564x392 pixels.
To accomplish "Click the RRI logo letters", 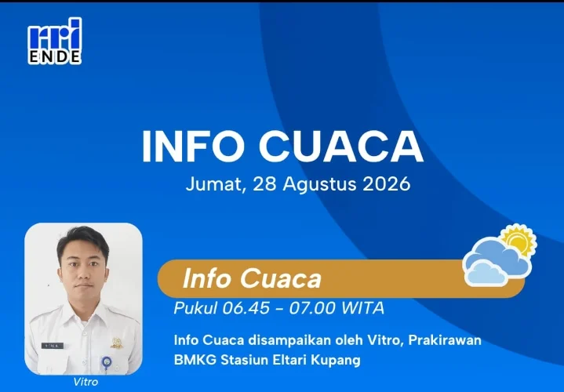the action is coord(55,34).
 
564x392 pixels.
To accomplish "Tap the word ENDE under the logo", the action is coord(55,57).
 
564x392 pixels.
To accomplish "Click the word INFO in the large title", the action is coord(193,147).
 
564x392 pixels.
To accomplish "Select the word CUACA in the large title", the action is coord(340,147).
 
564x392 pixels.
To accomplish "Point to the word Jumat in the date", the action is coord(216,184).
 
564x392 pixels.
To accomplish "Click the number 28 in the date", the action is coord(264,183).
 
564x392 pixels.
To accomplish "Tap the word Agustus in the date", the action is coord(319,184).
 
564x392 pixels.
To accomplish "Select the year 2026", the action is coord(386,183).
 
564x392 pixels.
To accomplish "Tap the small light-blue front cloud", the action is coord(486,273).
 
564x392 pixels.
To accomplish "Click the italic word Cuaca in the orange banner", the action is coord(280,279).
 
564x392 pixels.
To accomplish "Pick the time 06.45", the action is coord(246,308).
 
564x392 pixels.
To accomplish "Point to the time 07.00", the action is coord(312,308).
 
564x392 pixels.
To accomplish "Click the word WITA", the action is coord(362,308).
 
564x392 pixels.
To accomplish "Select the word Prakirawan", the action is coord(445,340).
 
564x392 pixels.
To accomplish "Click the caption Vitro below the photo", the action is coord(86,382).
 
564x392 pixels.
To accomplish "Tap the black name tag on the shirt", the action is coord(53,346).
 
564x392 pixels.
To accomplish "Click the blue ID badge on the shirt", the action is coord(106,362).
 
